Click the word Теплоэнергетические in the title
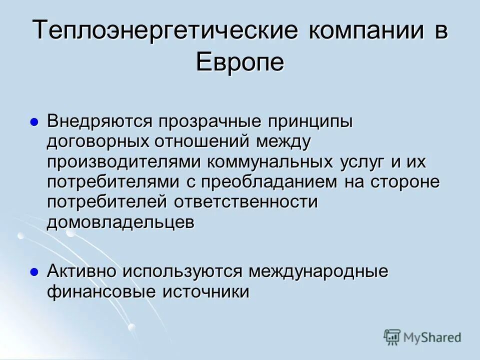(165, 31)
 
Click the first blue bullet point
(34, 122)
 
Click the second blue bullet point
(34, 272)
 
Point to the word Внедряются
(100, 122)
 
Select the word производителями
(123, 162)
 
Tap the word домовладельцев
(120, 223)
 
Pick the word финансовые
(100, 292)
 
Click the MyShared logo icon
(392, 337)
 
